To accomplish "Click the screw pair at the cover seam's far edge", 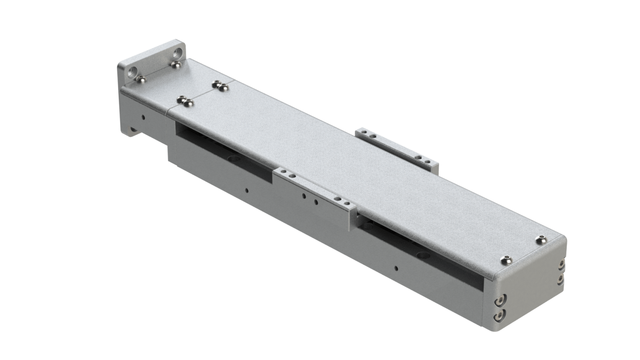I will pyautogui.click(x=220, y=86).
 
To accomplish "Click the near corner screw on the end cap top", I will pyautogui.click(x=506, y=260).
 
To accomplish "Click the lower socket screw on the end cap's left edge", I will pyautogui.click(x=500, y=316).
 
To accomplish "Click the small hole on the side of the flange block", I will pyautogui.click(x=143, y=117).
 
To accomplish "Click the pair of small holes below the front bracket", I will pyautogui.click(x=310, y=199).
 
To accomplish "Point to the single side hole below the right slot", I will pyautogui.click(x=396, y=268).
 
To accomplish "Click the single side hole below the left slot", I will pyautogui.click(x=247, y=190).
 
